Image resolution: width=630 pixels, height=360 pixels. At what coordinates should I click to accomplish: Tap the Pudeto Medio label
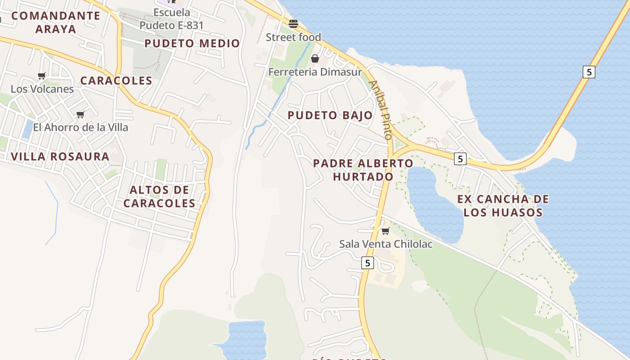pyautogui.click(x=192, y=44)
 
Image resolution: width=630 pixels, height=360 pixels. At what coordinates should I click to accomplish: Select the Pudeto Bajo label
pyautogui.click(x=330, y=115)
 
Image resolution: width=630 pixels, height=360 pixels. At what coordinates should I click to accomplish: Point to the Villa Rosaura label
pyautogui.click(x=60, y=157)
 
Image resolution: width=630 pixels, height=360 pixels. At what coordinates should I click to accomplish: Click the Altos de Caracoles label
pyautogui.click(x=159, y=197)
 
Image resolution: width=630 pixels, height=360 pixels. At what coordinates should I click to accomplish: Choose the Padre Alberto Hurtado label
pyautogui.click(x=363, y=170)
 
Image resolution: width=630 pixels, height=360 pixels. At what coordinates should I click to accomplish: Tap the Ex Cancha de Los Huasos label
pyautogui.click(x=503, y=206)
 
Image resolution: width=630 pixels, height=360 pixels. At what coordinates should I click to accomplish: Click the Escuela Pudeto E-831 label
pyautogui.click(x=171, y=19)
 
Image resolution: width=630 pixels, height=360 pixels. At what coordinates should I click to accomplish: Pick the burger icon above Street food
pyautogui.click(x=293, y=23)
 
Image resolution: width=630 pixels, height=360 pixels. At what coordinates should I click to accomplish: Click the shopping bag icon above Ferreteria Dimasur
pyautogui.click(x=315, y=58)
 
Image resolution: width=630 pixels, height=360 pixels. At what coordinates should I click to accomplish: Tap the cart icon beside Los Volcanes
pyautogui.click(x=42, y=76)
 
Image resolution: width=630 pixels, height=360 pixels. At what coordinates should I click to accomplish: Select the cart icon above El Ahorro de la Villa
pyautogui.click(x=81, y=115)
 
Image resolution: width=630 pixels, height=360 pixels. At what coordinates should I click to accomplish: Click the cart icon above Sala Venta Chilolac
pyautogui.click(x=385, y=231)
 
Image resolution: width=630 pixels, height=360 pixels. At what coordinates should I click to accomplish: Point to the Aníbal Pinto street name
pyautogui.click(x=381, y=110)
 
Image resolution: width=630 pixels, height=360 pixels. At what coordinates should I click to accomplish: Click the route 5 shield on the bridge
pyautogui.click(x=589, y=72)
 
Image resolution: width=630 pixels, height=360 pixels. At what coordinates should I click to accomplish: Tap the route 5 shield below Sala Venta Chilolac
pyautogui.click(x=368, y=263)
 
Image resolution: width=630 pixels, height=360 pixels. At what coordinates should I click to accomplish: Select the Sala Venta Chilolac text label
pyautogui.click(x=386, y=244)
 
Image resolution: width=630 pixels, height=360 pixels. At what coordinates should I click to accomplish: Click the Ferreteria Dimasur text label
pyautogui.click(x=315, y=72)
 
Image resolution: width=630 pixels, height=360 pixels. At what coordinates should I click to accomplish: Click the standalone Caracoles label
pyautogui.click(x=116, y=81)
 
